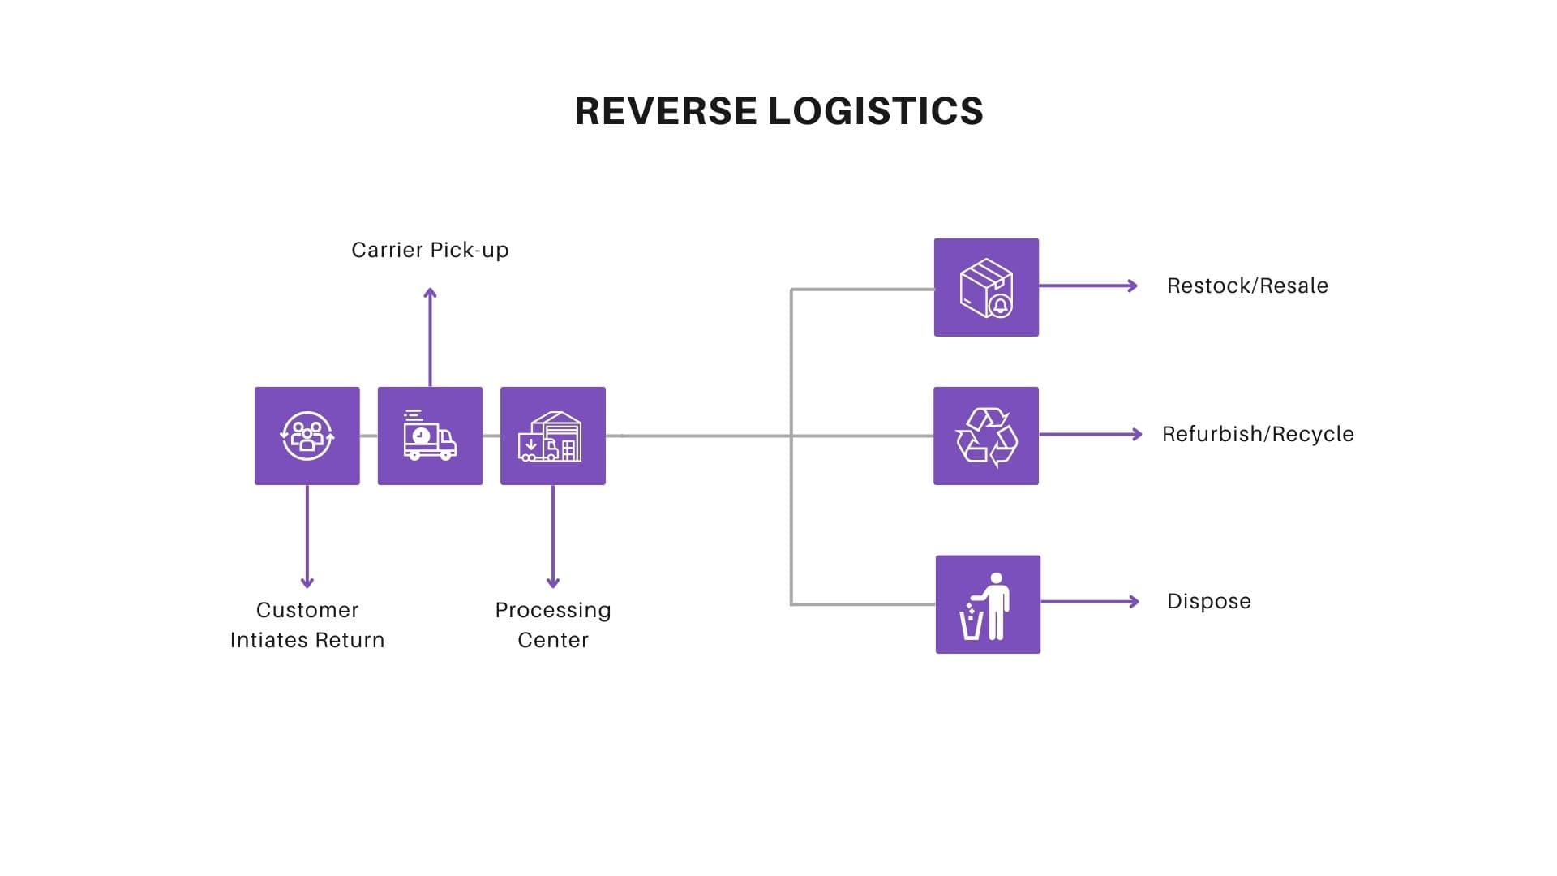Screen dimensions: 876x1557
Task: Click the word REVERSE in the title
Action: [x=666, y=111]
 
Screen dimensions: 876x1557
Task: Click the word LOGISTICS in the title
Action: [x=876, y=111]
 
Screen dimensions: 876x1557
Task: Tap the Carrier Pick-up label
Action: [x=430, y=250]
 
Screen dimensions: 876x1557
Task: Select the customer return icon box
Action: [x=307, y=436]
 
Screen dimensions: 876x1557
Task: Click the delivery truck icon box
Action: [x=430, y=436]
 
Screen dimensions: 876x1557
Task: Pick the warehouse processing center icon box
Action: [x=552, y=436]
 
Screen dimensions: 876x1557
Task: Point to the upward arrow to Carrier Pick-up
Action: [x=430, y=336]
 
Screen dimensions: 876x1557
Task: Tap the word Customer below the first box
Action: [x=307, y=610]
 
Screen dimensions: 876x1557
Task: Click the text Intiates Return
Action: [x=307, y=640]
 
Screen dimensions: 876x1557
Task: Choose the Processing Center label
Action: [x=552, y=625]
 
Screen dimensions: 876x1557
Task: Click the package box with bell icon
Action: [x=986, y=287]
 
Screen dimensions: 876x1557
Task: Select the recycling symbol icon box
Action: [x=986, y=436]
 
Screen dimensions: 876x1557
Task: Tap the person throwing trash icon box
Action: [x=988, y=604]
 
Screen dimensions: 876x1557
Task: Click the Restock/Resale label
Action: [x=1247, y=286]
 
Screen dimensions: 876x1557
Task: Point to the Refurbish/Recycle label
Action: [x=1258, y=434]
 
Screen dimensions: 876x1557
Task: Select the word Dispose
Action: [x=1208, y=601]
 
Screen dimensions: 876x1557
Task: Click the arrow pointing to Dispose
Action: [x=1090, y=601]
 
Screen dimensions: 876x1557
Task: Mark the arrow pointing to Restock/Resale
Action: [x=1088, y=286]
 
